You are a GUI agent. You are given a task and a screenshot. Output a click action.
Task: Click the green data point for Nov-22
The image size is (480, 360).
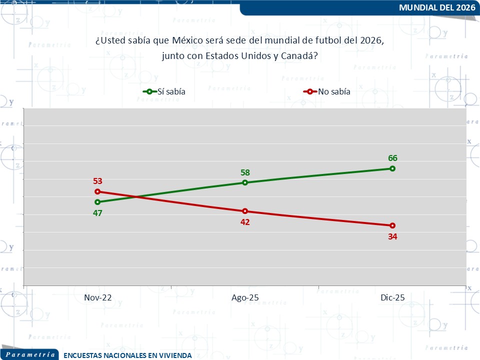(x=97, y=202)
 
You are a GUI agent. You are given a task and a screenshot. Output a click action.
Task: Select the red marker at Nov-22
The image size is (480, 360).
(x=97, y=191)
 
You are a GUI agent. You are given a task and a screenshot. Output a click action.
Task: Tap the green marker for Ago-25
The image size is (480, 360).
(x=245, y=182)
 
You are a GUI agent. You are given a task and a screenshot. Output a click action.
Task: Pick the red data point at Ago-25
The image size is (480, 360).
(x=245, y=211)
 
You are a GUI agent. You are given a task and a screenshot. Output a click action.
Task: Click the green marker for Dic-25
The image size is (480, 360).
(x=392, y=168)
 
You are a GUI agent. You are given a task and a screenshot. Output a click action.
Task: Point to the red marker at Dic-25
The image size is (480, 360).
(x=392, y=225)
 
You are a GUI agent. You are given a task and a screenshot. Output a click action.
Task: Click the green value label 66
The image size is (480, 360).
(x=392, y=158)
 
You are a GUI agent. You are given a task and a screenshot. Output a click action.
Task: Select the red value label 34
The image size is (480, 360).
(x=392, y=236)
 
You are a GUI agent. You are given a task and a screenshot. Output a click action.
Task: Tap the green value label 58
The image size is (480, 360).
(x=245, y=172)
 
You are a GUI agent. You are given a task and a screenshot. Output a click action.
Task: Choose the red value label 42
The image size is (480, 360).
(x=245, y=222)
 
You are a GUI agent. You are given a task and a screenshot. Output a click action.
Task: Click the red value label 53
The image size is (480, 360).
(x=97, y=181)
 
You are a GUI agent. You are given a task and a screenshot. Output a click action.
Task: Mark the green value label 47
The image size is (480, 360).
(x=97, y=213)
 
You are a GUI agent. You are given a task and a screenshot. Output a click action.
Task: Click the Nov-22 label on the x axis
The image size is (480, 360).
(x=97, y=297)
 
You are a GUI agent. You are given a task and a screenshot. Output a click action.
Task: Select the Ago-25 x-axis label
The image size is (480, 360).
(x=245, y=297)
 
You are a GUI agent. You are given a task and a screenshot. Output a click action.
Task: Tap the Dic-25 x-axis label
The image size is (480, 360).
(x=392, y=297)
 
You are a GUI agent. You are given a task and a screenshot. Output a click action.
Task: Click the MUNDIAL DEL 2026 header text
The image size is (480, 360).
(x=437, y=7)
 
